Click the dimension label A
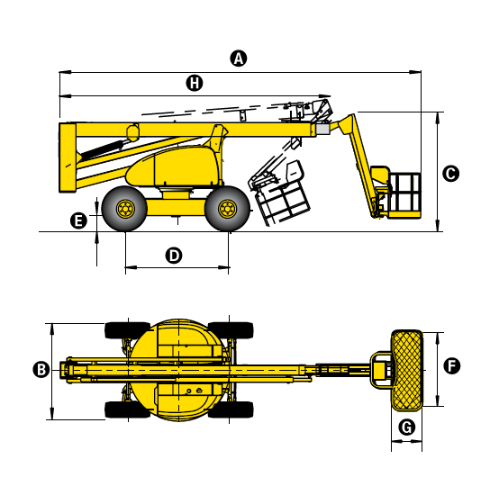pos(239,58)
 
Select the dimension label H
pos(195,83)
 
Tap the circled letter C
pos(450,174)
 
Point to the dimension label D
pos(174,256)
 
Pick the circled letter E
pos(78,220)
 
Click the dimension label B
pos(41,370)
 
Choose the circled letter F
pos(451,365)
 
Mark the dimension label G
pos(407,427)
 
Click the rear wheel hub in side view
pos(125,209)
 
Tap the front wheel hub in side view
pos(228,209)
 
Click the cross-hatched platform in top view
pos(407,370)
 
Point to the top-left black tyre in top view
pos(127,330)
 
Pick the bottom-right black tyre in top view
pos(231,409)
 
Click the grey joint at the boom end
pos(322,129)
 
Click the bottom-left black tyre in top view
pos(127,409)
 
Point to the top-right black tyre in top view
pos(231,330)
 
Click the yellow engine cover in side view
pos(174,167)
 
